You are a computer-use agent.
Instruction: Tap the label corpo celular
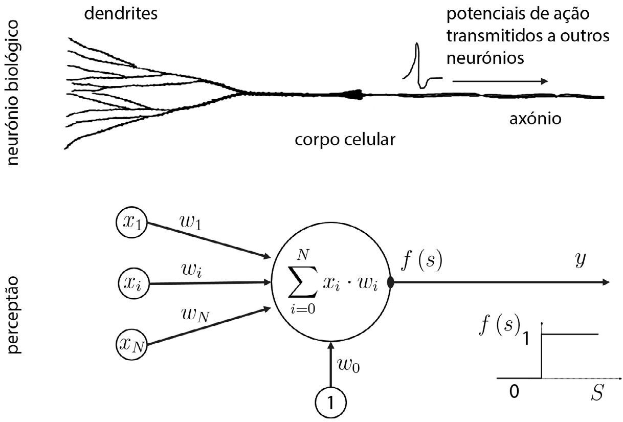pyautogui.click(x=345, y=139)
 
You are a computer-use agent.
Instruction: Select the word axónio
pyautogui.click(x=537, y=119)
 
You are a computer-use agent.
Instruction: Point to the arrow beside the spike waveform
pyautogui.click(x=499, y=81)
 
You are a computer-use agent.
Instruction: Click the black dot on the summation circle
pyautogui.click(x=391, y=282)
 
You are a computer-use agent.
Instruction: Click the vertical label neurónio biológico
pyautogui.click(x=15, y=92)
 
